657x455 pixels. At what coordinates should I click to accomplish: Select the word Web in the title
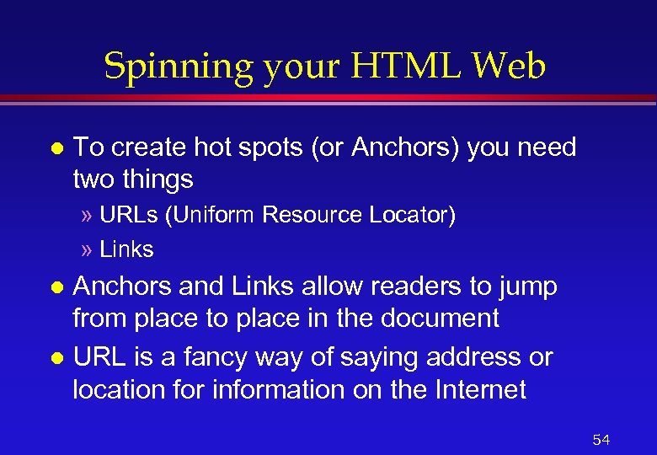(x=510, y=66)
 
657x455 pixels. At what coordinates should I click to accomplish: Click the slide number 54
(x=601, y=440)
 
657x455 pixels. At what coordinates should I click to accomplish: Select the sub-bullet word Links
(x=126, y=249)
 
